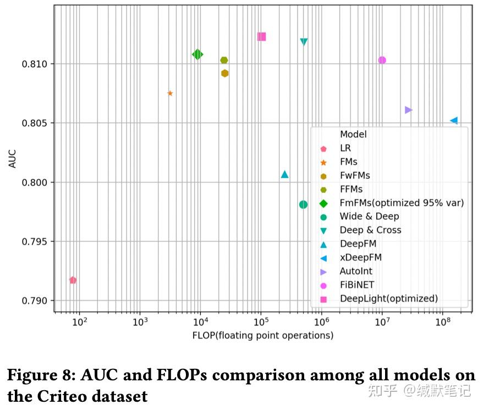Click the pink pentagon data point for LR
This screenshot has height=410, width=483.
73,280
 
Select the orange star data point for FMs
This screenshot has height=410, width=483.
170,93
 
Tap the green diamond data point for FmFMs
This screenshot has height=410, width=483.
197,54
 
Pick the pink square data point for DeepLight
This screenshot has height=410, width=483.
261,37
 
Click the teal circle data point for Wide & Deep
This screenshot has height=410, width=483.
303,204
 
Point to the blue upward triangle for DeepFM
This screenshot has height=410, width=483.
284,174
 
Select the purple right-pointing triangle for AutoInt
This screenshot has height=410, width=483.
408,110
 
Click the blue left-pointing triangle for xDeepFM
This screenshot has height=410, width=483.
454,120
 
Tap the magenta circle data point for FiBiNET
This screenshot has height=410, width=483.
382,60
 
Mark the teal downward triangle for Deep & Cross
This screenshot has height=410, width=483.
304,42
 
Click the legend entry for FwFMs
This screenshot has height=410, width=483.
354,175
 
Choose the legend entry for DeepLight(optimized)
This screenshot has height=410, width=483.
388,298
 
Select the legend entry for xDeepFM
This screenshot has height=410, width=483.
360,257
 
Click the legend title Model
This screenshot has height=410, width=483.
353,134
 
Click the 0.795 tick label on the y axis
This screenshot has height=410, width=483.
34,242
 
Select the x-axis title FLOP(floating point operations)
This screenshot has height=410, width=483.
263,335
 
